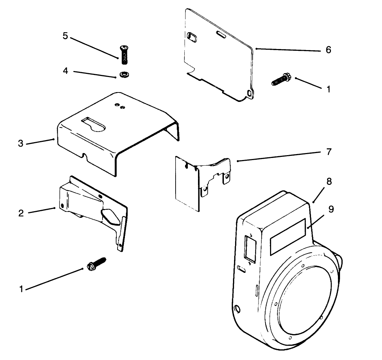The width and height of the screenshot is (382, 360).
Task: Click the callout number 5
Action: (65, 36)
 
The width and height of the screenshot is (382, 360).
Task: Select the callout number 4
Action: (65, 71)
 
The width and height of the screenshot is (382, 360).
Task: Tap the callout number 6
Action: (328, 50)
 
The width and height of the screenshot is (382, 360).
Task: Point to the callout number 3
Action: (21, 144)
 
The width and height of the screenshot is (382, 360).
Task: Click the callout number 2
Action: (21, 213)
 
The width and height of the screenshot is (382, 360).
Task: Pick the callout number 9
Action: (331, 209)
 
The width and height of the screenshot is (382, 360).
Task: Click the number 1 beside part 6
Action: (328, 89)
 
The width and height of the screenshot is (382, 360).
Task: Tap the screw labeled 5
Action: (123, 54)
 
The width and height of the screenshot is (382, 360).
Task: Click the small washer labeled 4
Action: (123, 75)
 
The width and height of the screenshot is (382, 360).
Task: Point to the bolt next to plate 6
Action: (280, 79)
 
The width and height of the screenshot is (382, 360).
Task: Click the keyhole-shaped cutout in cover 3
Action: (94, 124)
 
